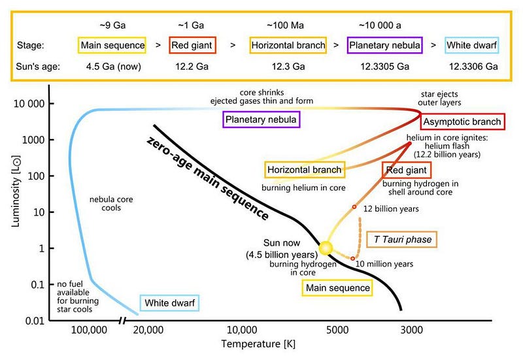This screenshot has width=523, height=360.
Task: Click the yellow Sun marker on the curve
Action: coord(326,248)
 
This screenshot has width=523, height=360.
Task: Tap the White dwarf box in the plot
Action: coord(169,303)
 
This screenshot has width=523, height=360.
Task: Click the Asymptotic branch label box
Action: coord(462,122)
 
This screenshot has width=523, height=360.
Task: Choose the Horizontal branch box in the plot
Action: coord(305,170)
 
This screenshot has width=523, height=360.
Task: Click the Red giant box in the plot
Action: coord(405,171)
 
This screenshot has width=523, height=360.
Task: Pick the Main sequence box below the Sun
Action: coord(337,287)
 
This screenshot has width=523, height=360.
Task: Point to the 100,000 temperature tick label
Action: coord(89,331)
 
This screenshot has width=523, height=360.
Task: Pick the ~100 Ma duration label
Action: coord(284,25)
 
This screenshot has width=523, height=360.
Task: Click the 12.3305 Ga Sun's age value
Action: coord(380,66)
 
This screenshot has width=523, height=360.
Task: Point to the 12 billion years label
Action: coord(391,208)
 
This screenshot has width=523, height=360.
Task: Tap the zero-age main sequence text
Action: coord(208,177)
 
